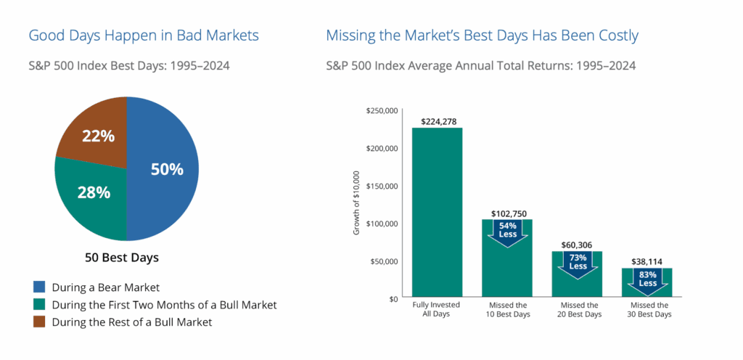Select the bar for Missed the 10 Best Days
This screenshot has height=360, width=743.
[x=507, y=272]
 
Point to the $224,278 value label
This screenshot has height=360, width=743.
[x=437, y=120]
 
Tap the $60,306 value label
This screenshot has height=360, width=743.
[x=578, y=245]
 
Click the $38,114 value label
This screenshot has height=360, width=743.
[x=648, y=261]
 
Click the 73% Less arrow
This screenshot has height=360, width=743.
[x=578, y=263]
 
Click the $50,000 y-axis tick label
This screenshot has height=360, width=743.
[x=383, y=261]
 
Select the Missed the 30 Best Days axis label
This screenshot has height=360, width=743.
[x=648, y=310]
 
